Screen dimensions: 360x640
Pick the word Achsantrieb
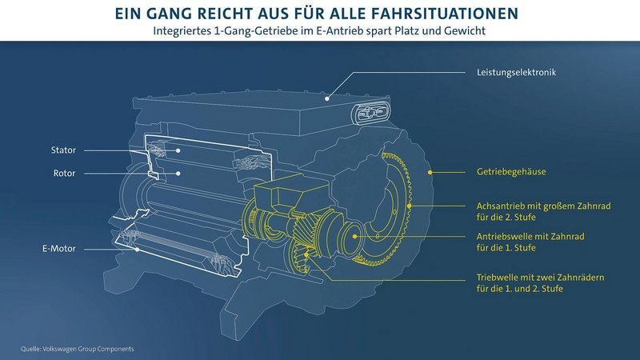coord(493,206)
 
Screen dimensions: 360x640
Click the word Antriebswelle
coord(496,237)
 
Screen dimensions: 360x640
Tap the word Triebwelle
coord(490,277)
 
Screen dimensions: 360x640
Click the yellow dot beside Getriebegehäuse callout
coord(430,171)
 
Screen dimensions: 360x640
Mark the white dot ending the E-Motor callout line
coord(137,249)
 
